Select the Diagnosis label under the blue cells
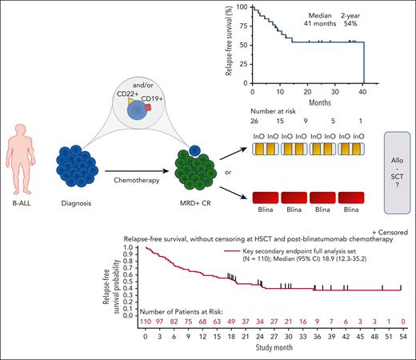87,203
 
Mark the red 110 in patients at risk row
146,322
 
